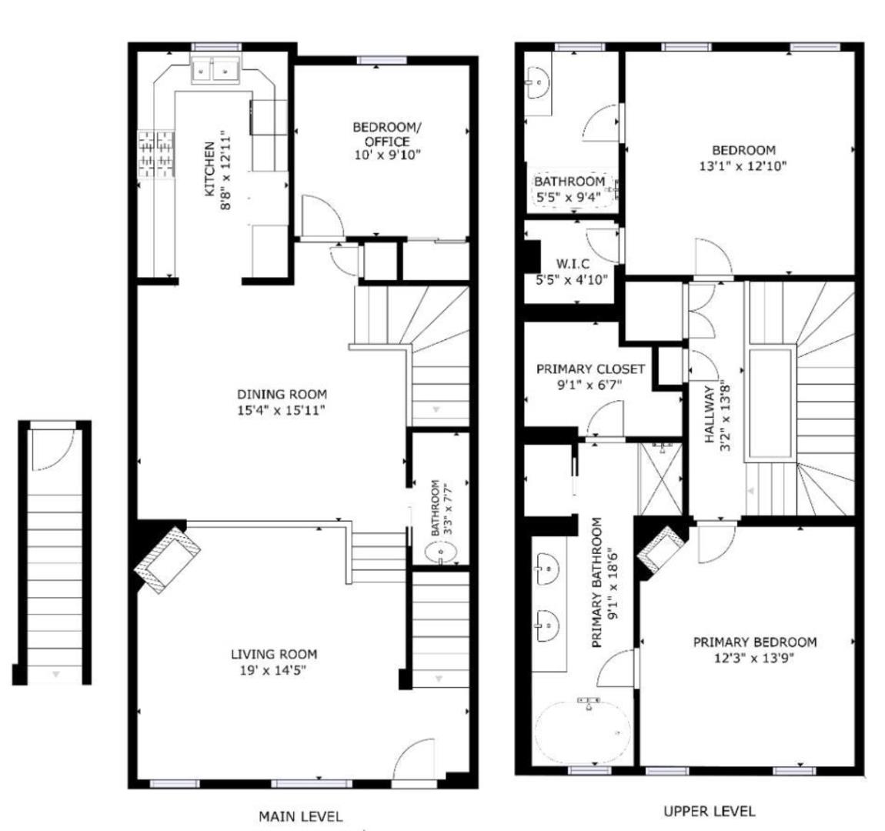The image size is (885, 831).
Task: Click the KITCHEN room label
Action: [209, 169]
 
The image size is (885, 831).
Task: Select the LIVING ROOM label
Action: [274, 654]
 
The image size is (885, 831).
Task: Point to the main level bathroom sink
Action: [440, 552]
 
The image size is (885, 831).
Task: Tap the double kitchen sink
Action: [215, 71]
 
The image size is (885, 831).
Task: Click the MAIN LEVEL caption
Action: [300, 816]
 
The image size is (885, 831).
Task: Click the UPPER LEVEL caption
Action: [709, 811]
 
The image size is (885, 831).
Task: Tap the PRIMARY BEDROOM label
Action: [754, 642]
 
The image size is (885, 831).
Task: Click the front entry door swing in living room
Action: [415, 761]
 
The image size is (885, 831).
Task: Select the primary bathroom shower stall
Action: [660, 480]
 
